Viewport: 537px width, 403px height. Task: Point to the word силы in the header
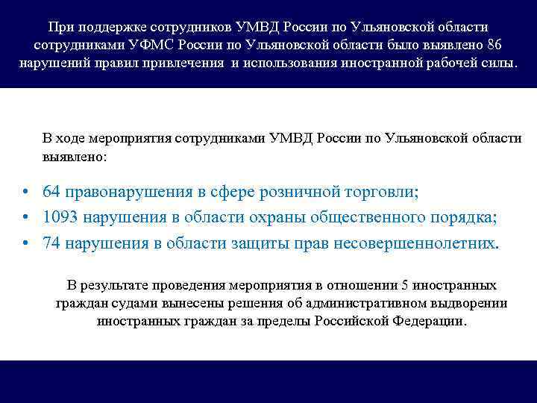coord(500,62)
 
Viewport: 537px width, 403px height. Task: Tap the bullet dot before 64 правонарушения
coord(25,193)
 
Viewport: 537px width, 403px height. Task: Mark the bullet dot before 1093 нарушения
coord(25,219)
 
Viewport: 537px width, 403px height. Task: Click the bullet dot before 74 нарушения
coord(25,244)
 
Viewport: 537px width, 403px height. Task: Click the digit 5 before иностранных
coord(405,286)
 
